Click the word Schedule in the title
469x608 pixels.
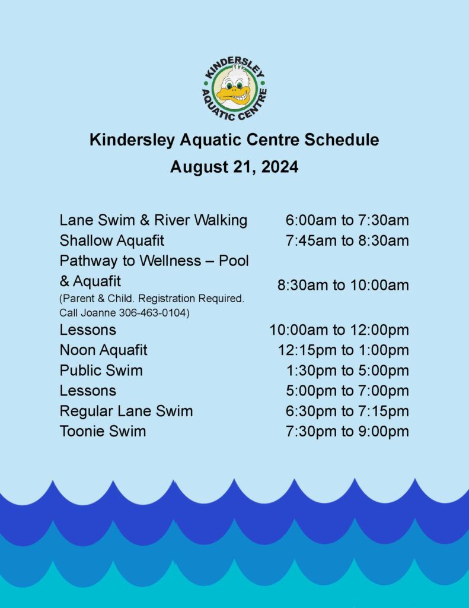pos(342,140)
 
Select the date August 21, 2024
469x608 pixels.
pos(234,167)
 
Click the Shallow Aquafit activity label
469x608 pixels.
pos(112,241)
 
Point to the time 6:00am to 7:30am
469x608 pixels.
pos(347,220)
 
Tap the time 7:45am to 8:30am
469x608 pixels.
pos(347,241)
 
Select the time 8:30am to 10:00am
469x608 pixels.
pos(343,286)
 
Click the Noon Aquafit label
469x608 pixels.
pos(103,350)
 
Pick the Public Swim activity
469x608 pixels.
pos(101,370)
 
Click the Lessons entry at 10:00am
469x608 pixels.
pos(88,330)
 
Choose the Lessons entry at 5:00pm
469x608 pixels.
pos(88,391)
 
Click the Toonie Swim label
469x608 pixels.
pos(103,431)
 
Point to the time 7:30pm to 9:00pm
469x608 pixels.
pos(347,431)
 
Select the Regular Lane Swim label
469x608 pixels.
pos(126,411)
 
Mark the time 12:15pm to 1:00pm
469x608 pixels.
pos(343,350)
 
